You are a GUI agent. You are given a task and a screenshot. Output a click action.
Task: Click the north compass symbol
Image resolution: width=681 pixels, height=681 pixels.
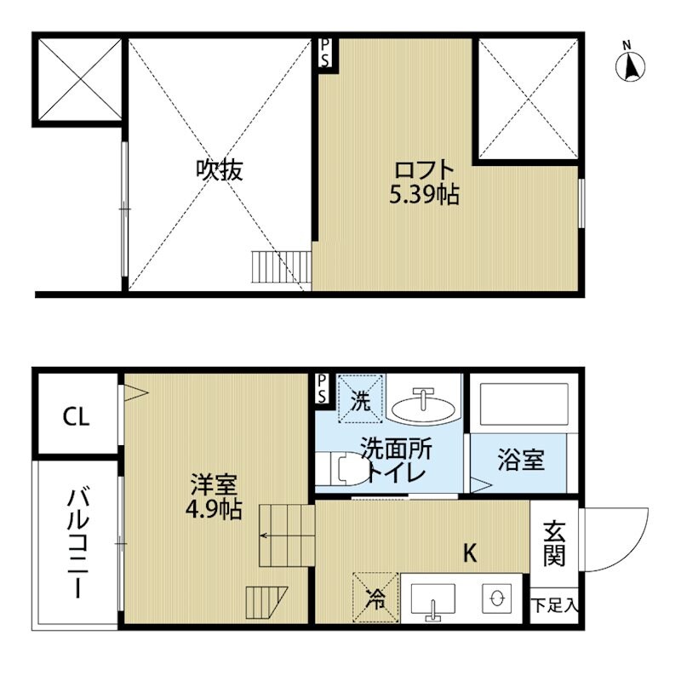[x=630, y=63]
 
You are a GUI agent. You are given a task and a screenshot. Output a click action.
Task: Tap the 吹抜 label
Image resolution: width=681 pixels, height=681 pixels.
[x=220, y=170]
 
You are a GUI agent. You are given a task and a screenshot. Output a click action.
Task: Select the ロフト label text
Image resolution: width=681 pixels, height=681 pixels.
[x=424, y=169]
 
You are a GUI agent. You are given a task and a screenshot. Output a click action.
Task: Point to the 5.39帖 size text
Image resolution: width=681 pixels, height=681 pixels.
[x=424, y=196]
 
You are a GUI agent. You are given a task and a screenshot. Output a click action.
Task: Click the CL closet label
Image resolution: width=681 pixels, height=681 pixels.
[x=76, y=417]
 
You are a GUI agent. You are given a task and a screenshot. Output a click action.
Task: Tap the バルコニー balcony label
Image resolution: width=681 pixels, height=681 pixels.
[x=76, y=542]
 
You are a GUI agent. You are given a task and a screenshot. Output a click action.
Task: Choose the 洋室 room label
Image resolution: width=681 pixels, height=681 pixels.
[x=208, y=486]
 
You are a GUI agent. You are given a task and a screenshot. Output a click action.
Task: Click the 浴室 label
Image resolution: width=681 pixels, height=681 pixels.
[x=520, y=461]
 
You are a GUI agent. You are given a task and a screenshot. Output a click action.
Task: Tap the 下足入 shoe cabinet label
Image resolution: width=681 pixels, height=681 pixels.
[x=555, y=606]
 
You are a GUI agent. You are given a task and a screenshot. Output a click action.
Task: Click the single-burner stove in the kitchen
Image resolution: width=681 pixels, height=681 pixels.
[x=495, y=599]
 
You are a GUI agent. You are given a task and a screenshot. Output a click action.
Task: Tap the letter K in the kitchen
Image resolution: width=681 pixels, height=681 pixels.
[x=469, y=554]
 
